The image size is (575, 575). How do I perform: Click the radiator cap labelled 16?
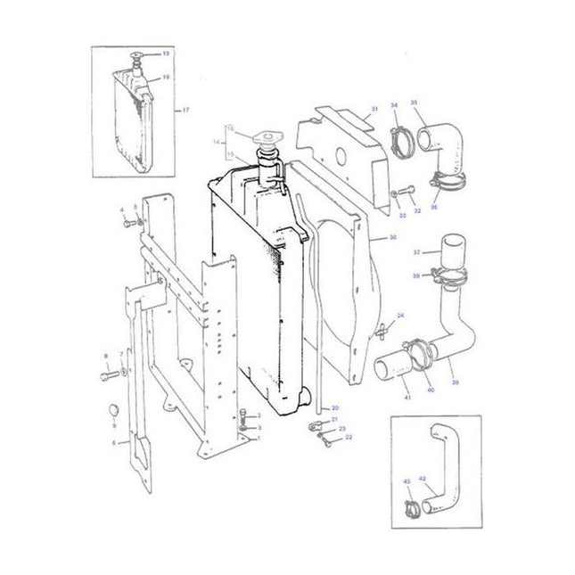(266, 141)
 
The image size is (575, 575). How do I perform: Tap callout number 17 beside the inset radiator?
(185, 110)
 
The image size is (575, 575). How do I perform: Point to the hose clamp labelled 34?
(402, 144)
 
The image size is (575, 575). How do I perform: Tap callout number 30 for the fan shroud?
(393, 239)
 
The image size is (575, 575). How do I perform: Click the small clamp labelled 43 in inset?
(413, 510)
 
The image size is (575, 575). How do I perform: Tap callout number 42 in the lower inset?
(423, 480)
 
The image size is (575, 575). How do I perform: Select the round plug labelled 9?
(111, 411)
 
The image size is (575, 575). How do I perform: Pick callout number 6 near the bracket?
(113, 442)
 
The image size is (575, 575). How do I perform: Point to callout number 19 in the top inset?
(164, 54)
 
